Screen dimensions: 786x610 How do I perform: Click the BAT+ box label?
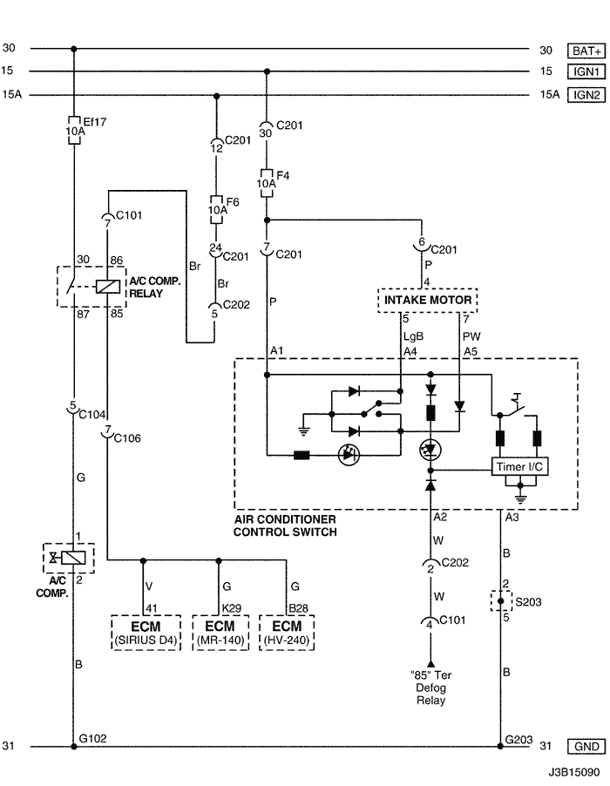pos(585,50)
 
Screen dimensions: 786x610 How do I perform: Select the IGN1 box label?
pos(585,72)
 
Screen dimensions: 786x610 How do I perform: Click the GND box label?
pos(585,747)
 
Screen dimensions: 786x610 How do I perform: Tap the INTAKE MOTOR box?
pos(428,301)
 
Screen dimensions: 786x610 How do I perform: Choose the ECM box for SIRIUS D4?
pos(146,634)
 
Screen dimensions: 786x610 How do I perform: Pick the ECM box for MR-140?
pos(217,634)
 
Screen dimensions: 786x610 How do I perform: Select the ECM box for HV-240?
pos(286,634)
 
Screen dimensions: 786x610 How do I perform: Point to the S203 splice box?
pos(500,601)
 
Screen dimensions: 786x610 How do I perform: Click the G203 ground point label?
pos(518,738)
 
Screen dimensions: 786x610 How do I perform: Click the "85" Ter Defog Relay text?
pos(429,688)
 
